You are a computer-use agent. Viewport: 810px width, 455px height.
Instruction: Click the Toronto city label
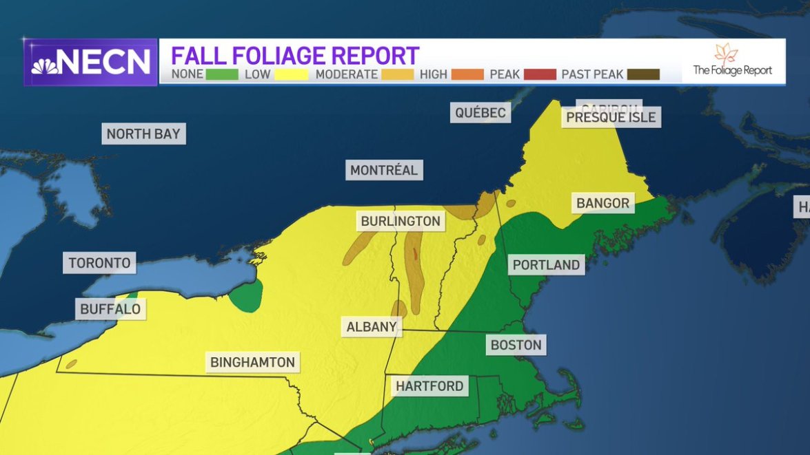point(99,263)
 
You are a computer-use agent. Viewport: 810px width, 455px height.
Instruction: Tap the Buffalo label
point(110,309)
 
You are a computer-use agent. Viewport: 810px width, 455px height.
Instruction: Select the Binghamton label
point(252,362)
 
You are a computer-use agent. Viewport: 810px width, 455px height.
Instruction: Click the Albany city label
point(372,327)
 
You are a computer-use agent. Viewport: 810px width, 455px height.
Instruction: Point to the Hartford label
point(429,385)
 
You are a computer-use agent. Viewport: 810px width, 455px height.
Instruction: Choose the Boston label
point(516,344)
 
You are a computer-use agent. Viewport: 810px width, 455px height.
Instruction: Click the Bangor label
point(603,203)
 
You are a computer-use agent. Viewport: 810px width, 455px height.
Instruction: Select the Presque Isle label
point(611,118)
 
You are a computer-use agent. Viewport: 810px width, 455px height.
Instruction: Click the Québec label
point(480,113)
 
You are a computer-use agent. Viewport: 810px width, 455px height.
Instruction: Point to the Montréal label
point(384,170)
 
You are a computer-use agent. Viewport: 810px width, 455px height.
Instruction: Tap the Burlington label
point(401,221)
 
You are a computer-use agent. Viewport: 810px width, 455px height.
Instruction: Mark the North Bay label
point(143,134)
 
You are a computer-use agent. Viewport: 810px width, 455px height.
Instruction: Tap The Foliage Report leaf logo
point(725,53)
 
